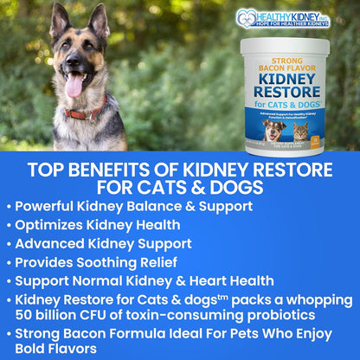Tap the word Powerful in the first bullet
pos(51,206)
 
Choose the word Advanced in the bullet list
pos(54,242)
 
